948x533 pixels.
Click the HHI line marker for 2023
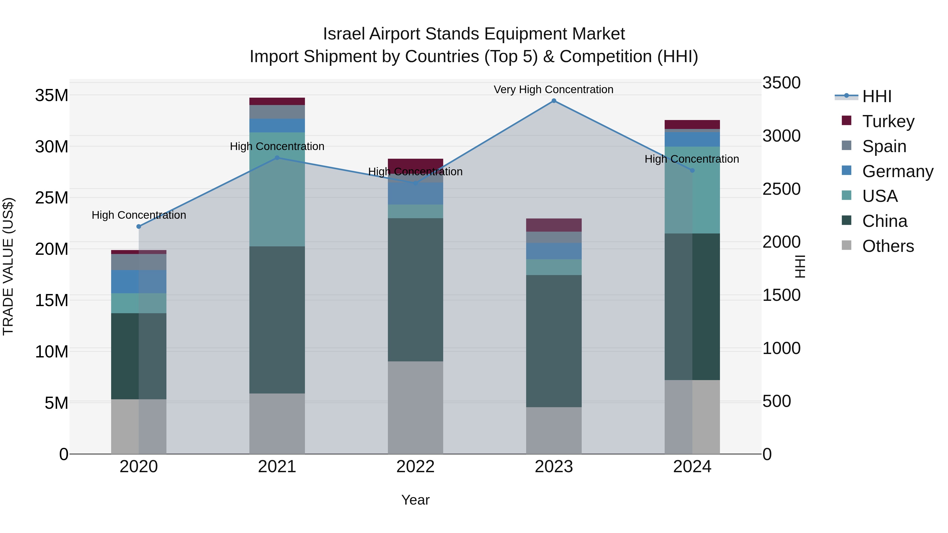[554, 101]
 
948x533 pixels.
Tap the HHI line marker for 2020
[139, 227]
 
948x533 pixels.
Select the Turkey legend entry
[888, 121]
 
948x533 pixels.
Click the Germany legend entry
[897, 171]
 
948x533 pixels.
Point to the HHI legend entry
[876, 96]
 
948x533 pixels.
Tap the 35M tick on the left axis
[52, 96]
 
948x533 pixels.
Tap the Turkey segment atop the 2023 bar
[554, 225]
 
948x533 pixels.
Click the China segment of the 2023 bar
[554, 341]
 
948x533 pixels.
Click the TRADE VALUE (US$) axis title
[8, 266]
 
